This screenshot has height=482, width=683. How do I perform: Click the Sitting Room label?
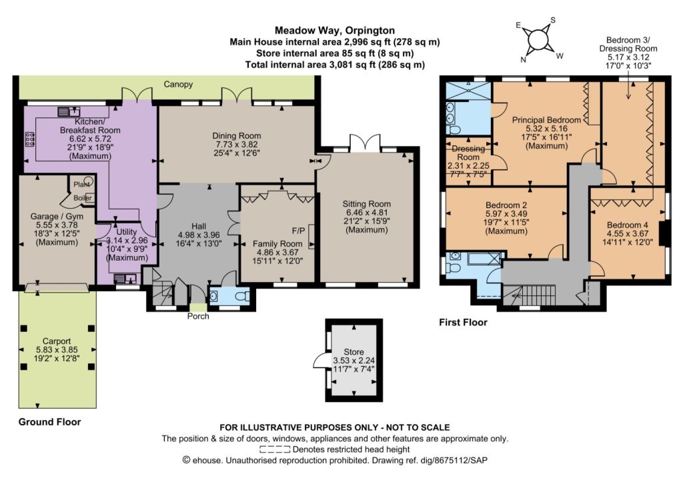click(366, 204)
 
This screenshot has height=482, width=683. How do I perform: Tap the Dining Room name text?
click(237, 136)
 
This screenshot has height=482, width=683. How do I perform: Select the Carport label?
click(57, 341)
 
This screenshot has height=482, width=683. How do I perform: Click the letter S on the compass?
click(553, 20)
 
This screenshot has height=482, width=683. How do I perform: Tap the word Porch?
click(198, 317)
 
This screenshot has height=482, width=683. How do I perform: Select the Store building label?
click(354, 352)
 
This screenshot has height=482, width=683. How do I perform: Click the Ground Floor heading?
click(49, 422)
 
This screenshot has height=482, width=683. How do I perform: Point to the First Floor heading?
click(463, 323)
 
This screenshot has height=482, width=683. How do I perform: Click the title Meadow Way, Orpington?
click(335, 31)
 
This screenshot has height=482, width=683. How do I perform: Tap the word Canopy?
click(178, 85)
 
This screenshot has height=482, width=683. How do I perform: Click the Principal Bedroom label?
click(546, 120)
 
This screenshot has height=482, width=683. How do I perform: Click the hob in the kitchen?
click(30, 139)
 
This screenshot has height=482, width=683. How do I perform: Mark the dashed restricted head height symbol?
click(275, 449)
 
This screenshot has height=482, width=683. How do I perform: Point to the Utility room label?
click(126, 232)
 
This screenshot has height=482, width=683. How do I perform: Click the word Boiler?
click(83, 198)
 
